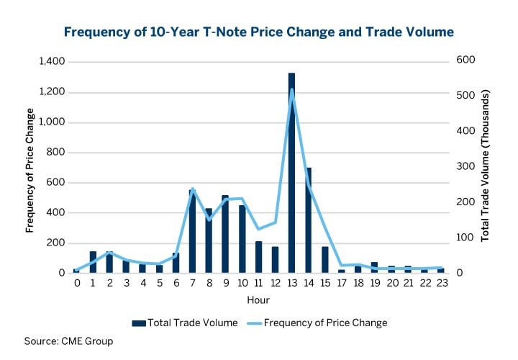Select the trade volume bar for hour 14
(309, 220)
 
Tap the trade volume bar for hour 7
(192, 231)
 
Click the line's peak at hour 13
(291, 90)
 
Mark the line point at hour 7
(192, 189)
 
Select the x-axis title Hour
(258, 299)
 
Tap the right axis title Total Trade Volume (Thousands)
(486, 166)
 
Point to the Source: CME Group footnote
(68, 341)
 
